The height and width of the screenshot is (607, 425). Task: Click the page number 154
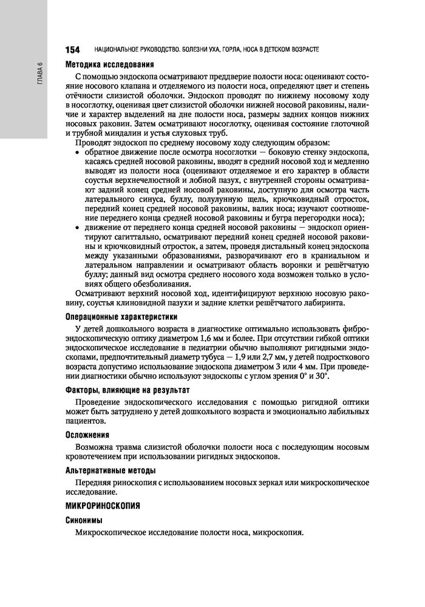pos(72,49)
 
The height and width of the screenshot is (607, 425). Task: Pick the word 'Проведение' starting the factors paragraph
pos(97,402)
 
